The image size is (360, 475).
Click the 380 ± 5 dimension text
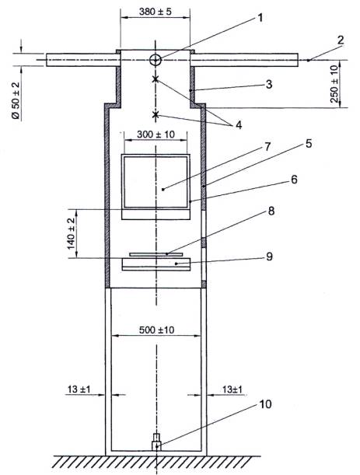156,12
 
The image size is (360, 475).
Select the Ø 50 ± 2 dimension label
16,100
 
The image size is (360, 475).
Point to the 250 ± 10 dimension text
334,84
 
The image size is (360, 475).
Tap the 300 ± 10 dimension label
156,134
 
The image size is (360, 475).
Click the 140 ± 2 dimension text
72,233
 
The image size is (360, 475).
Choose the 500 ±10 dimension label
156,330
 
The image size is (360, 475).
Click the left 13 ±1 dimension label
79,389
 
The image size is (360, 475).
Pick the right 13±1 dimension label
232,389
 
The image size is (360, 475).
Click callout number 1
260,18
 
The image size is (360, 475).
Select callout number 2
341,40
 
